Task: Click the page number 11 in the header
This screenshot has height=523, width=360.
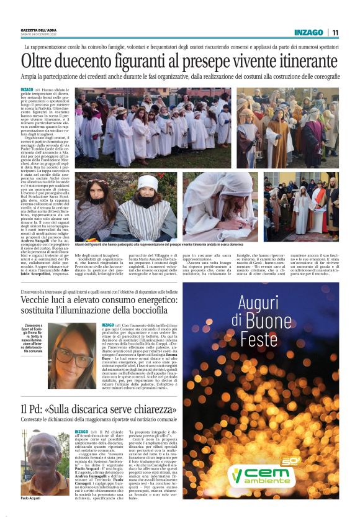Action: pyautogui.click(x=335, y=33)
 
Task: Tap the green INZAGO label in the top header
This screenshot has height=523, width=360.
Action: pyautogui.click(x=308, y=33)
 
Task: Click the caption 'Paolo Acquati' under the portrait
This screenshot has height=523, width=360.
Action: pyautogui.click(x=33, y=515)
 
